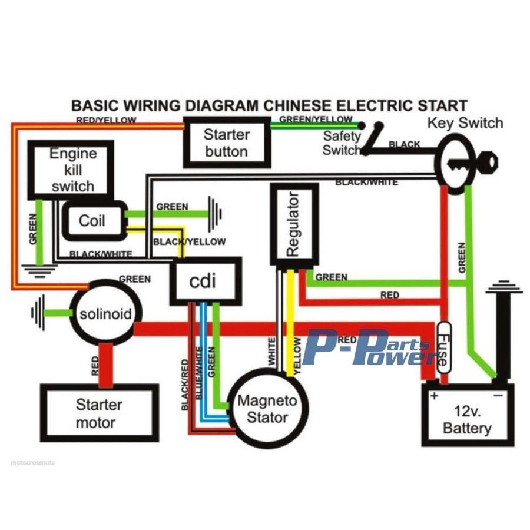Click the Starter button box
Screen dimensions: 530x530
pos(227,143)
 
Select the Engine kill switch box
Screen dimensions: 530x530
pos(72,171)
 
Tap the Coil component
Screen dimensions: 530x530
pos(92,221)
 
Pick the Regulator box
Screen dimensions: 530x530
pos(294,224)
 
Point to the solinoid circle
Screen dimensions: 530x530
pos(106,313)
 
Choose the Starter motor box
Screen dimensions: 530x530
pos(99,413)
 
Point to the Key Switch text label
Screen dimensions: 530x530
pos(465,123)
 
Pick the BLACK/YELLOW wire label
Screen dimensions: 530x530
pos(189,241)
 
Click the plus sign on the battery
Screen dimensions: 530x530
pos(434,396)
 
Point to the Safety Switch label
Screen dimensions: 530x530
pos(341,143)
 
